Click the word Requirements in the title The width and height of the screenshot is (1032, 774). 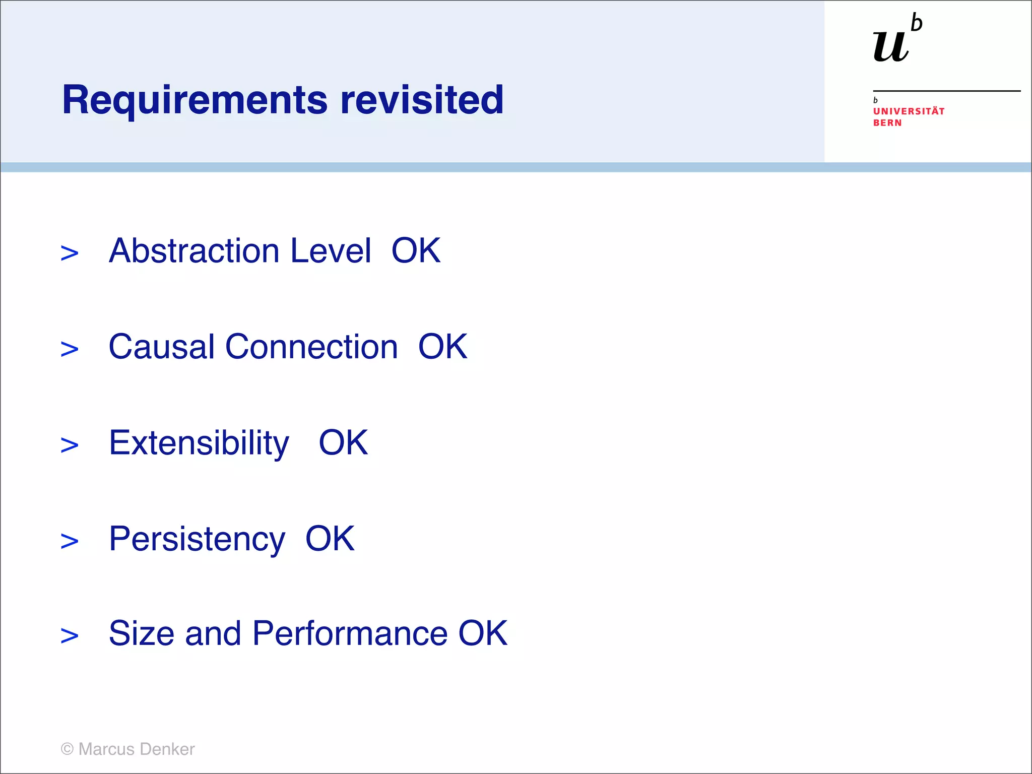pyautogui.click(x=195, y=100)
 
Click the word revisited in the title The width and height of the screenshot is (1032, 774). pyautogui.click(x=422, y=100)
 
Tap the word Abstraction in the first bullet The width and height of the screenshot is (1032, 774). pyautogui.click(x=194, y=250)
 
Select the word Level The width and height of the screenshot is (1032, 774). pyautogui.click(x=331, y=250)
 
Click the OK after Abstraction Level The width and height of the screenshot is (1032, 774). pyautogui.click(x=416, y=250)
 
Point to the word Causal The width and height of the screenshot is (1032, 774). pyautogui.click(x=161, y=347)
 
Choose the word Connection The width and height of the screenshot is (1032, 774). pyautogui.click(x=311, y=347)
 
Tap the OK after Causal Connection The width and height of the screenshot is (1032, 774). pyautogui.click(x=442, y=347)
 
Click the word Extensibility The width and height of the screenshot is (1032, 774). pyautogui.click(x=199, y=443)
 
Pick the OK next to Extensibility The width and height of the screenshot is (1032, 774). pyautogui.click(x=343, y=443)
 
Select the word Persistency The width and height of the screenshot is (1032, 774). pyautogui.click(x=197, y=539)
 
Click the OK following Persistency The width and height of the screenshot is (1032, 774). pyautogui.click(x=330, y=539)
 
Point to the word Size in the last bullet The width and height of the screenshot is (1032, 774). pyautogui.click(x=142, y=633)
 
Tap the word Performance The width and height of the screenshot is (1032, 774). pyautogui.click(x=350, y=633)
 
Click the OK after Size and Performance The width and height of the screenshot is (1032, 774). pyautogui.click(x=482, y=633)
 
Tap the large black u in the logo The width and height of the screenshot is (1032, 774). pyautogui.click(x=891, y=46)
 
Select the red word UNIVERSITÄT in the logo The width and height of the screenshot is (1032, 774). pyautogui.click(x=909, y=111)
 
